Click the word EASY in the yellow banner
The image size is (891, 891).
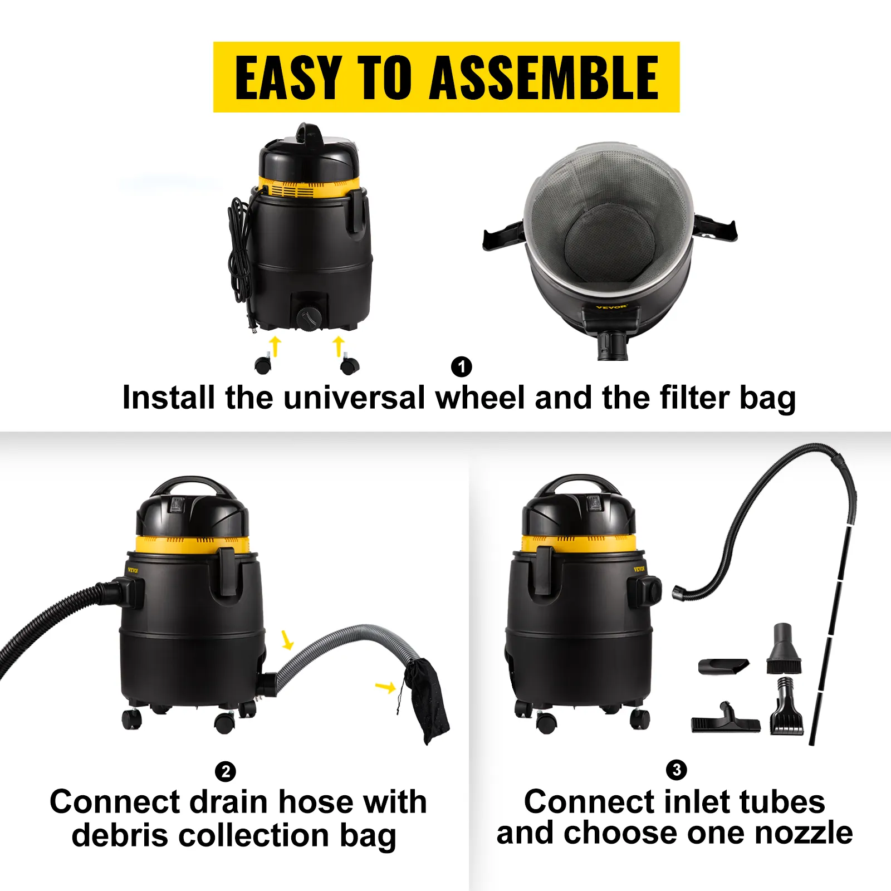coord(288,78)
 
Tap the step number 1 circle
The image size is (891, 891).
coord(461,367)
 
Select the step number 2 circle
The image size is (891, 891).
coord(226,772)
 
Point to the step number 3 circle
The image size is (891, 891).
coord(676,770)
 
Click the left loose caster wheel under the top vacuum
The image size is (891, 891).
coord(263,365)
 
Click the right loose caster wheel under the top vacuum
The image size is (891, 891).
coord(350,366)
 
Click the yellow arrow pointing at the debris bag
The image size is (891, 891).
coord(385,687)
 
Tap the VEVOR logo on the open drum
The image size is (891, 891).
coord(611,307)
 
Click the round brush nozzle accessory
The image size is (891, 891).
coord(784,650)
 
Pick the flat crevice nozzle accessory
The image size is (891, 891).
coord(723,665)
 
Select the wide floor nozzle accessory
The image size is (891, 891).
coord(725,722)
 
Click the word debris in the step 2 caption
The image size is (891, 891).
coord(120,836)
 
